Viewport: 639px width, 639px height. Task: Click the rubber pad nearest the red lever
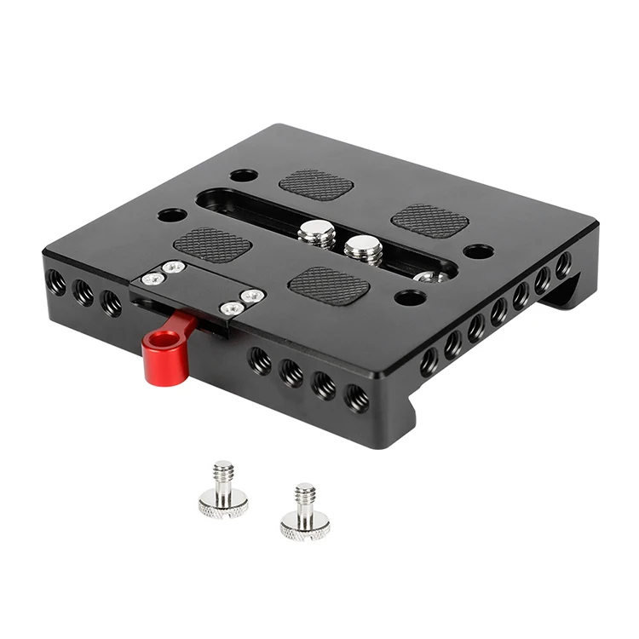(x=212, y=245)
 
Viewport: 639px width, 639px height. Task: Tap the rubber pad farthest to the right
(x=430, y=219)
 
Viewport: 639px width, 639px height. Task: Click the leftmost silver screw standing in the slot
(x=318, y=231)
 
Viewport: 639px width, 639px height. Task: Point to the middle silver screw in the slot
(x=363, y=248)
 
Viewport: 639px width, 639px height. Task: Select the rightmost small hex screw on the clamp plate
(x=253, y=296)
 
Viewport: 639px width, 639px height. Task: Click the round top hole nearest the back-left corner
(x=244, y=175)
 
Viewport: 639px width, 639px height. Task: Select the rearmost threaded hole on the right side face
(x=563, y=264)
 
